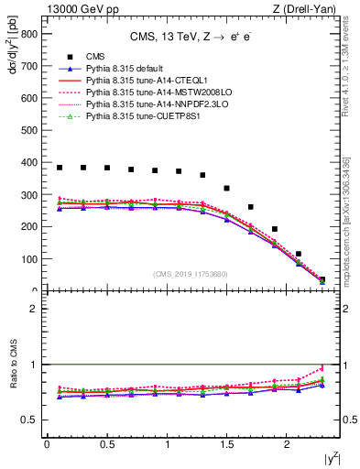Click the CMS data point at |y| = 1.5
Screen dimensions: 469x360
[x=226, y=188]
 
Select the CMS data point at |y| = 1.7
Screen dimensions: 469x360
[x=250, y=207]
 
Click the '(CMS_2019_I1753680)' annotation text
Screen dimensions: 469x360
[x=191, y=272]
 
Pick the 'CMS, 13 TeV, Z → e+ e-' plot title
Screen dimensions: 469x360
[x=191, y=38]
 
